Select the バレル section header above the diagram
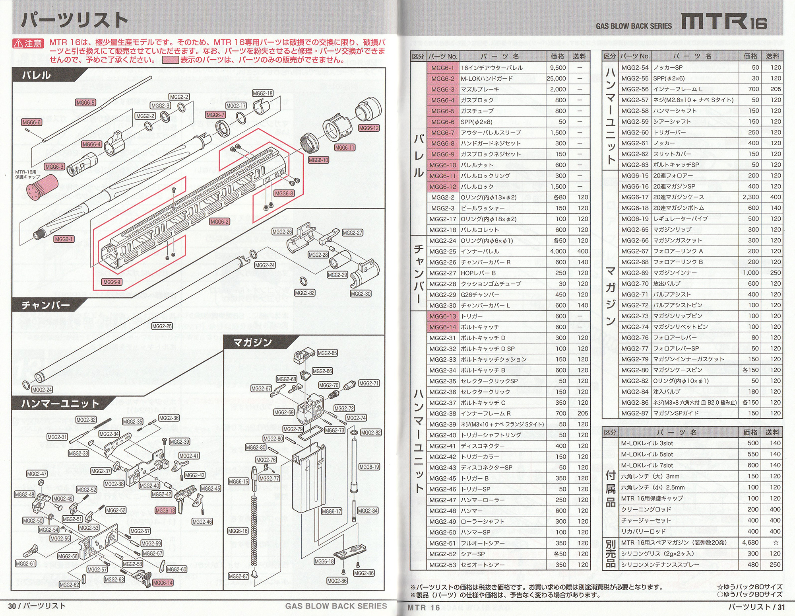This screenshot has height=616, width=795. click(37, 75)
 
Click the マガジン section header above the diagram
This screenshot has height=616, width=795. click(252, 342)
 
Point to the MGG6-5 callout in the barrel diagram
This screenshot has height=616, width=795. click(85, 103)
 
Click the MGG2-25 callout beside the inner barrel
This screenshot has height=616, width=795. click(162, 326)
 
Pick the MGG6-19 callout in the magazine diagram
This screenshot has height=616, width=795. click(369, 467)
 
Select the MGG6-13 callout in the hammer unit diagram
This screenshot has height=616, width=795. click(165, 511)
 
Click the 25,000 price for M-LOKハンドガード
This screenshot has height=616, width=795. click(556, 79)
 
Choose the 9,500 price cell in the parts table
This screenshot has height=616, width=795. click(558, 68)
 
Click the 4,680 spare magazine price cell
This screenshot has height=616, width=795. click(750, 542)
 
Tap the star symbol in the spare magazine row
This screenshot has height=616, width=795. click(776, 542)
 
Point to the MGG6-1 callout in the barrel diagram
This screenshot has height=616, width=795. click(64, 239)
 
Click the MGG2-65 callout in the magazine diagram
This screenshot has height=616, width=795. click(327, 353)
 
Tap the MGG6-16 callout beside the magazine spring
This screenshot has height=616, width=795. click(238, 531)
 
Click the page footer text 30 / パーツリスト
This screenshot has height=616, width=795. click(37, 606)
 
